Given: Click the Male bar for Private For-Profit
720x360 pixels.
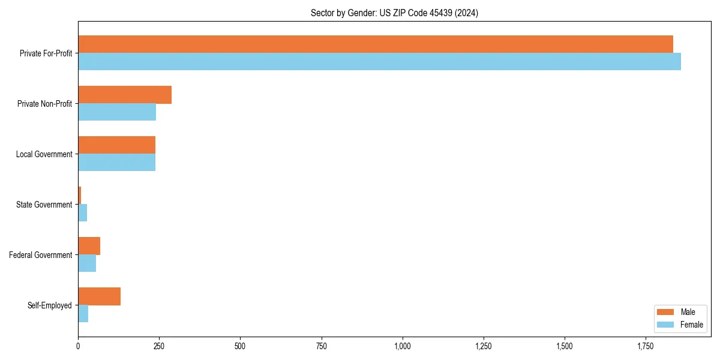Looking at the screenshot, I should tap(376, 44).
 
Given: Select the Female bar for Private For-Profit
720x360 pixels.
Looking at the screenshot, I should tap(379, 62).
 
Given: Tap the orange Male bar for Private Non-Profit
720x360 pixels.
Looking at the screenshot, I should tap(125, 95).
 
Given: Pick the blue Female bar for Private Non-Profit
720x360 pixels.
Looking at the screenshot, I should tap(117, 112).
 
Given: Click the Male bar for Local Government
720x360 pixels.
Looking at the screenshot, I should tap(116, 145).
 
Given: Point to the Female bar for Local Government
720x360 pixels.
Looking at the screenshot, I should tap(116, 163).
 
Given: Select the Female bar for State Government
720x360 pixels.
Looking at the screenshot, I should tap(83, 213).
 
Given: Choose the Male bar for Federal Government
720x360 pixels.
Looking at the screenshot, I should tap(89, 246).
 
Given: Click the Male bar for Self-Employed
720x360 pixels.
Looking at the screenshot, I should tap(99, 296).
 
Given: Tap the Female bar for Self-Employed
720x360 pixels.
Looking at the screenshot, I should tap(83, 314).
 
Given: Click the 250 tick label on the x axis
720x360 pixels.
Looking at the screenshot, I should tap(159, 346).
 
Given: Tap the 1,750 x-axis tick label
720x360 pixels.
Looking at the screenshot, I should tap(646, 346).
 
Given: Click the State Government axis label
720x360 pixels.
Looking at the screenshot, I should tap(44, 205).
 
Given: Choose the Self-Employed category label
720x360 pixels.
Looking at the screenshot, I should tap(50, 305).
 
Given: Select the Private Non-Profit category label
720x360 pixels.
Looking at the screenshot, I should tap(44, 104).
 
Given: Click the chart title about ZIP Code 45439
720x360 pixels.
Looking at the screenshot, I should tap(394, 13).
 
